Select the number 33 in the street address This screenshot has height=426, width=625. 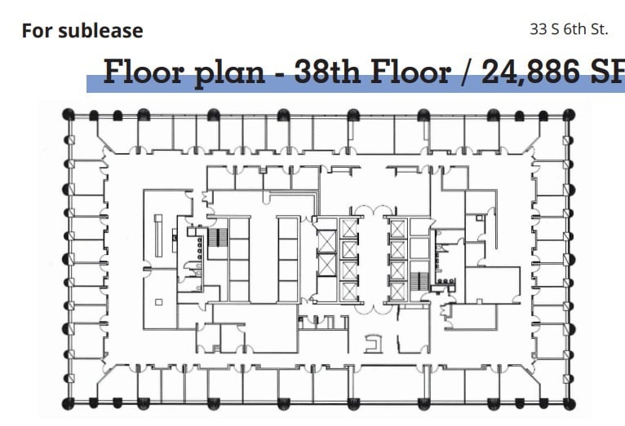(x=538, y=29)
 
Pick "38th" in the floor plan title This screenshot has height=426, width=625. (x=326, y=72)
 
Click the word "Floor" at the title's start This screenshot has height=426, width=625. (x=146, y=72)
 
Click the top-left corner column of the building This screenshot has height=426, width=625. (x=69, y=115)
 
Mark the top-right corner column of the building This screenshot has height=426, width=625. (x=569, y=115)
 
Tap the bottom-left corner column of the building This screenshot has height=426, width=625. (x=69, y=402)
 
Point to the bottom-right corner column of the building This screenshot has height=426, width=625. (x=569, y=402)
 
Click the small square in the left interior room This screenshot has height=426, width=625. (x=159, y=302)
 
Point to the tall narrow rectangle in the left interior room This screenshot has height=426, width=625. (x=160, y=234)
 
